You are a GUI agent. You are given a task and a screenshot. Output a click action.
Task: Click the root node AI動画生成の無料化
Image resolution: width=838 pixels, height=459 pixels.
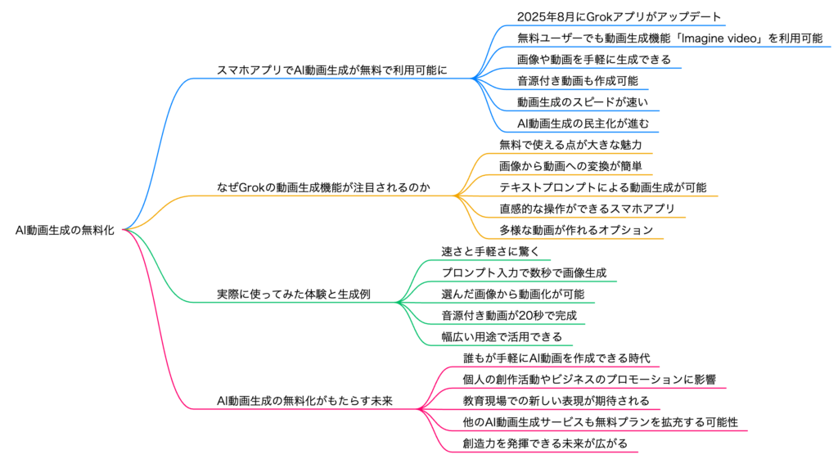(65, 230)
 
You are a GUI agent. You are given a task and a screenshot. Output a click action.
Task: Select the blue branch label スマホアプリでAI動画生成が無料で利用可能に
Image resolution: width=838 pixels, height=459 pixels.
(332, 70)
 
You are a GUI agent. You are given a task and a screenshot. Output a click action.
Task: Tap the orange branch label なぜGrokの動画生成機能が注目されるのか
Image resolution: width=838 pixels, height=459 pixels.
(323, 187)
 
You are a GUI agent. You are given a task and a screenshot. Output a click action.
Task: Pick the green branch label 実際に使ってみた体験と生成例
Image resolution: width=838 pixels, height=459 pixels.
(294, 295)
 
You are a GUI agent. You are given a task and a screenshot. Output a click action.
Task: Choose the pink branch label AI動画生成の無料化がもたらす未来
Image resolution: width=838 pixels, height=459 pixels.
(304, 401)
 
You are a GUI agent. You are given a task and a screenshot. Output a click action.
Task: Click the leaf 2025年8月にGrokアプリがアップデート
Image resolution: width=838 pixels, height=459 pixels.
(619, 17)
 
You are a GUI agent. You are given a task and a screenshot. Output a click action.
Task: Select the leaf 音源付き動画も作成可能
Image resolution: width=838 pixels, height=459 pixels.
(577, 81)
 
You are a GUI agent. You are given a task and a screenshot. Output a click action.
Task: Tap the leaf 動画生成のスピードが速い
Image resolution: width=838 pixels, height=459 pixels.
(583, 102)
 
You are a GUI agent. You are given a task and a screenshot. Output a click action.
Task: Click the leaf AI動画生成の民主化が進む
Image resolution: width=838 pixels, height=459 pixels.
(583, 124)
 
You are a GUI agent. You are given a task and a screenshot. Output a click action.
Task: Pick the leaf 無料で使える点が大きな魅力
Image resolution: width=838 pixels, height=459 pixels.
(570, 145)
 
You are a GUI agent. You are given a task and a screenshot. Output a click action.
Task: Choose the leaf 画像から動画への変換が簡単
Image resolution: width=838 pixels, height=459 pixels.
(570, 166)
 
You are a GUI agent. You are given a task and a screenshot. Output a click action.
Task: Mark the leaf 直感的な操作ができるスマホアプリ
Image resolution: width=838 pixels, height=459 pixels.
(588, 209)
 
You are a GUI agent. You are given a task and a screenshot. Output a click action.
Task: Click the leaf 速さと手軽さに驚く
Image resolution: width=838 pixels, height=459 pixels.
(491, 252)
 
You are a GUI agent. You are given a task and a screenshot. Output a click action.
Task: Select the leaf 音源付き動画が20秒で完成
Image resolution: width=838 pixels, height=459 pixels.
(509, 316)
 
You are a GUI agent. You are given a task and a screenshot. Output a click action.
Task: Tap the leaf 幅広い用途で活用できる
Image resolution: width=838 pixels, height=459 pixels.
(502, 337)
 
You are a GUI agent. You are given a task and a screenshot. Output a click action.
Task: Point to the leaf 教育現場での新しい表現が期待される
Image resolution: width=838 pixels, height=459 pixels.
(556, 401)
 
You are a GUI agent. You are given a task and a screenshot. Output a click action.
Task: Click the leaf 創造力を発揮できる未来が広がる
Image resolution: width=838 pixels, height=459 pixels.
(545, 444)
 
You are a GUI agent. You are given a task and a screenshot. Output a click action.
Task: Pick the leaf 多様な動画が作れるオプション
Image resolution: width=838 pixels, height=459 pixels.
(576, 230)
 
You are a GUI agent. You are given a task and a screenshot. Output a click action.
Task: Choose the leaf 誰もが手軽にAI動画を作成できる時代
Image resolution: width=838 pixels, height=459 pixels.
(556, 358)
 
